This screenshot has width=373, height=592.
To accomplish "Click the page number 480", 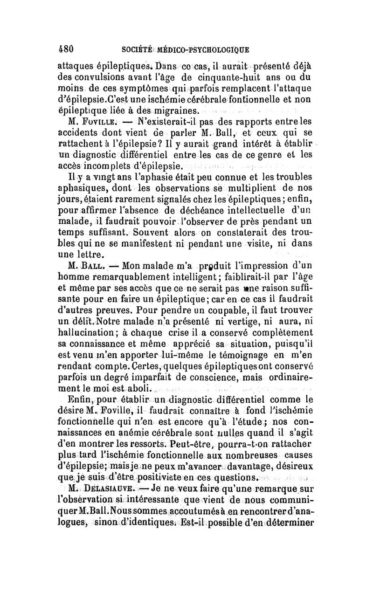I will [x=66, y=48].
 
